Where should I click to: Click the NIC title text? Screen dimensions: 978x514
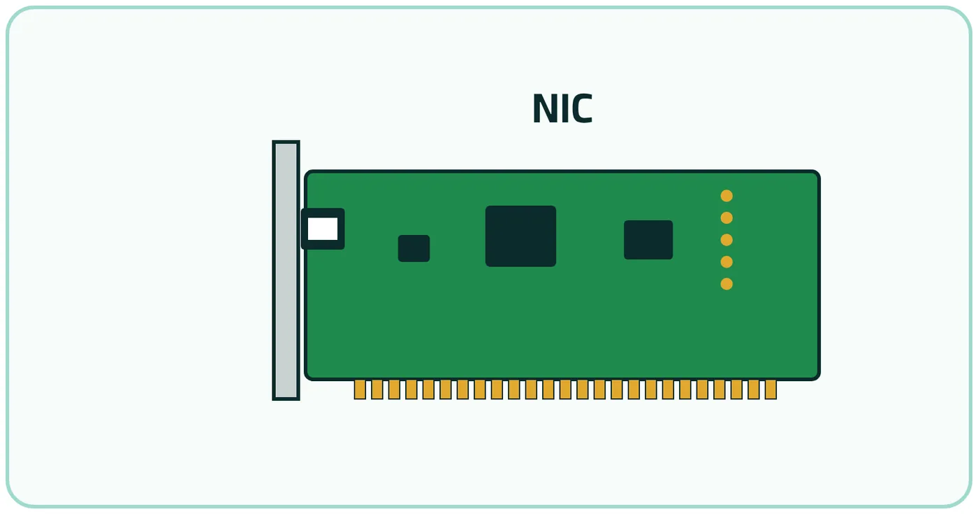pos(562,108)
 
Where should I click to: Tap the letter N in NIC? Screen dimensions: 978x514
pos(544,108)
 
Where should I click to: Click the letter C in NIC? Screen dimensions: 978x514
pos(581,108)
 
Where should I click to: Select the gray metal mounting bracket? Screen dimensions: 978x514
pos(286,270)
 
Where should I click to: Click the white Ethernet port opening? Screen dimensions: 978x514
pos(323,229)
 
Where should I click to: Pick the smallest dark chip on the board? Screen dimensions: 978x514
pos(414,248)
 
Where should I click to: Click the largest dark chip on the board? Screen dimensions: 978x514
pos(520,236)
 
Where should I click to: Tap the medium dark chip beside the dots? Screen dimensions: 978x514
pos(648,239)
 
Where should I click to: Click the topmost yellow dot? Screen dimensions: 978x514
pos(727,196)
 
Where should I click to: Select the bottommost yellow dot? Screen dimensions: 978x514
pos(727,284)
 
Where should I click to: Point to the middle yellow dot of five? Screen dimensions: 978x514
pos(727,240)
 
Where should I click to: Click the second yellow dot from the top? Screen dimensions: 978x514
pos(727,217)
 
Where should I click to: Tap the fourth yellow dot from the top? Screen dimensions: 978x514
pos(727,262)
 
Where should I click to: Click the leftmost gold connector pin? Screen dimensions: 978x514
pos(360,390)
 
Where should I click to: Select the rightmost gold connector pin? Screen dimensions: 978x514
pos(771,390)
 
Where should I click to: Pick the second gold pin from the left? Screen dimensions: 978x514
pos(377,390)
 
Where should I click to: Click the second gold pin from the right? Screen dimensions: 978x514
pos(754,390)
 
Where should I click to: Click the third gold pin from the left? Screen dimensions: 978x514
pos(394,390)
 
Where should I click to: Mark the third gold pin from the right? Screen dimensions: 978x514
pos(736,390)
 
